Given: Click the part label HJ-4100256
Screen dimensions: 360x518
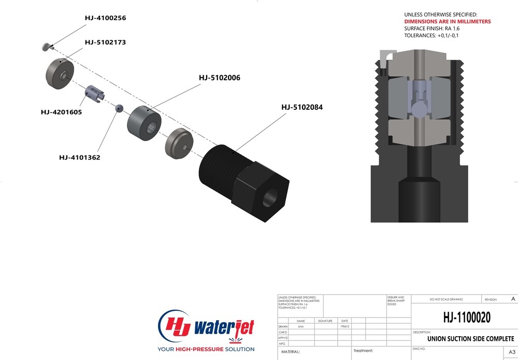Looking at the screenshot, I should (105, 18).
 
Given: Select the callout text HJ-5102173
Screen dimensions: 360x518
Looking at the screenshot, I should (105, 42).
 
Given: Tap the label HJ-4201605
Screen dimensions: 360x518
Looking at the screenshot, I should (61, 112).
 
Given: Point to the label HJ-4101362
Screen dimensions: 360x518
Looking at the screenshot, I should (79, 157).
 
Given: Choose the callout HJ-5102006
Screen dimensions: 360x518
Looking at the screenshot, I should (220, 78).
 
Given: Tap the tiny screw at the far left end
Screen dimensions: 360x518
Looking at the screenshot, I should (46, 47).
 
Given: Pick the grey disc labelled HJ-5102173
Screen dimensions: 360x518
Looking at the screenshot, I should (60, 74).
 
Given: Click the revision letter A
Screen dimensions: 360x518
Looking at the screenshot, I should (513, 299).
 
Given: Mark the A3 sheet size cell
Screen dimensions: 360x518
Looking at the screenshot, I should (512, 352).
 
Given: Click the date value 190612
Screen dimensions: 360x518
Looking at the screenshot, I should (344, 327).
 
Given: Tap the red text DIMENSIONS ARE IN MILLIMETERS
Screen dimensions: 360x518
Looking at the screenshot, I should (447, 22).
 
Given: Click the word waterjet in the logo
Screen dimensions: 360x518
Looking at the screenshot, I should (224, 326).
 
